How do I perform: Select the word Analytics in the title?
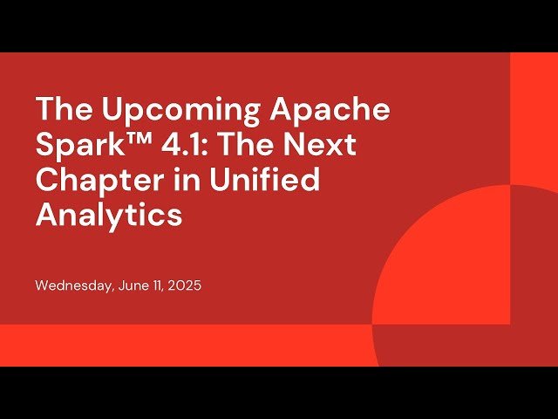click(x=108, y=214)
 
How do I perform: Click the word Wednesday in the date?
click(x=72, y=285)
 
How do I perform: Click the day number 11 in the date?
click(x=157, y=285)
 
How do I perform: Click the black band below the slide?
click(x=279, y=393)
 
